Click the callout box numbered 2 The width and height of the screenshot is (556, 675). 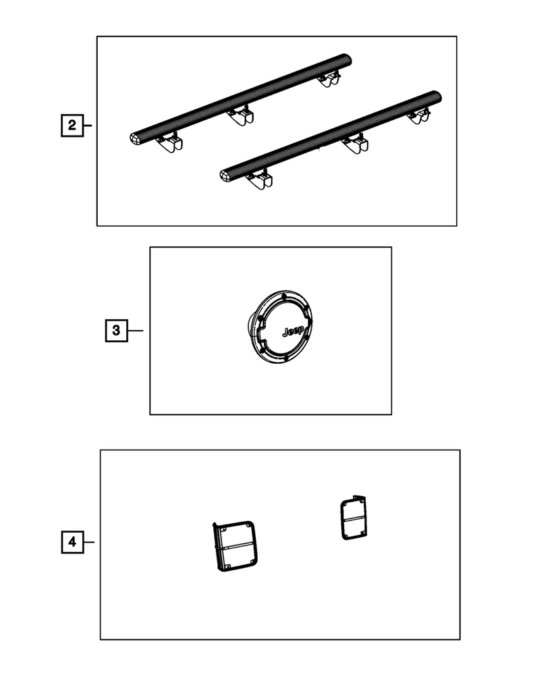coord(72,126)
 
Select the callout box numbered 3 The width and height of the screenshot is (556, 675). coord(116,331)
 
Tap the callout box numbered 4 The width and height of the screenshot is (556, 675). coord(72,542)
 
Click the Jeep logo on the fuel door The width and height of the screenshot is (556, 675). coord(294,331)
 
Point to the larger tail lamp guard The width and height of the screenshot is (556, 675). coord(235,546)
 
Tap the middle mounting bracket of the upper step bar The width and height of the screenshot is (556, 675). coord(242,115)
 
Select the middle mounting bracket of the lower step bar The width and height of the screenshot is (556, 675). coord(356,144)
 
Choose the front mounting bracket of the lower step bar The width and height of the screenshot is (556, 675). coord(260,180)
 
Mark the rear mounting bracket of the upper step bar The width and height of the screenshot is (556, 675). coord(329,79)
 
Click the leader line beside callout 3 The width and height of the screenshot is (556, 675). coord(136,331)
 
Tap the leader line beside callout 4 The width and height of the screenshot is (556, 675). coord(89,542)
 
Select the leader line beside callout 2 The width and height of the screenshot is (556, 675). coord(87,126)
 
